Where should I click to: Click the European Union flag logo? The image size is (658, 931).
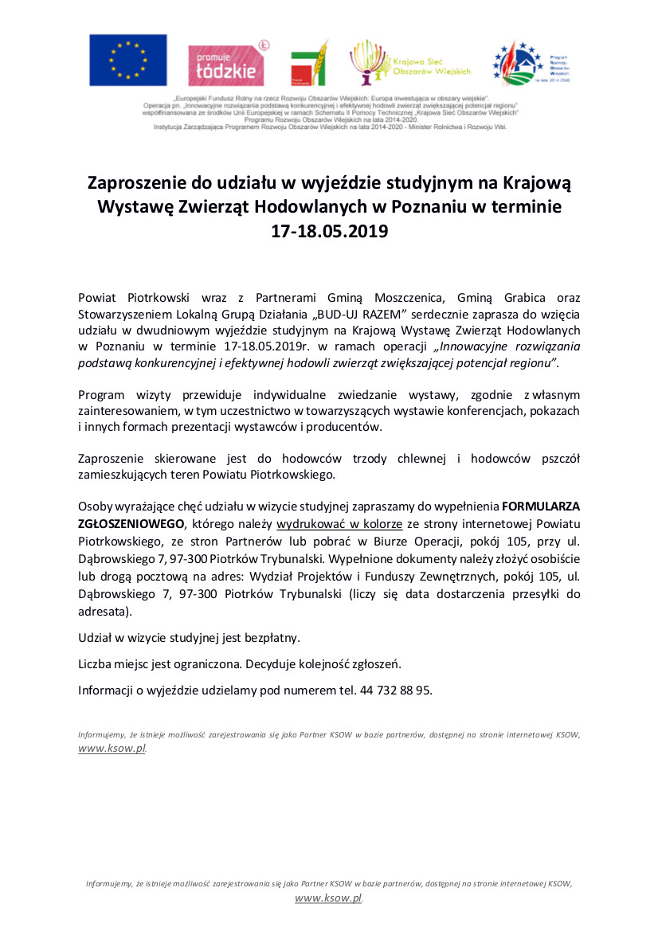pyautogui.click(x=127, y=60)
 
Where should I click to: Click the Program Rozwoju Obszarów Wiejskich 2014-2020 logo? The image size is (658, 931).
pyautogui.click(x=532, y=63)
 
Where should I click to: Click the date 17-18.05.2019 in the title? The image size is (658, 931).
pyautogui.click(x=329, y=233)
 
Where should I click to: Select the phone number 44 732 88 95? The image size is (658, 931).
pyautogui.click(x=394, y=690)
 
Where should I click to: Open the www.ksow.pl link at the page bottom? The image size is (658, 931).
pyautogui.click(x=328, y=898)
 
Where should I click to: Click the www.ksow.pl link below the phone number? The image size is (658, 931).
pyautogui.click(x=112, y=749)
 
